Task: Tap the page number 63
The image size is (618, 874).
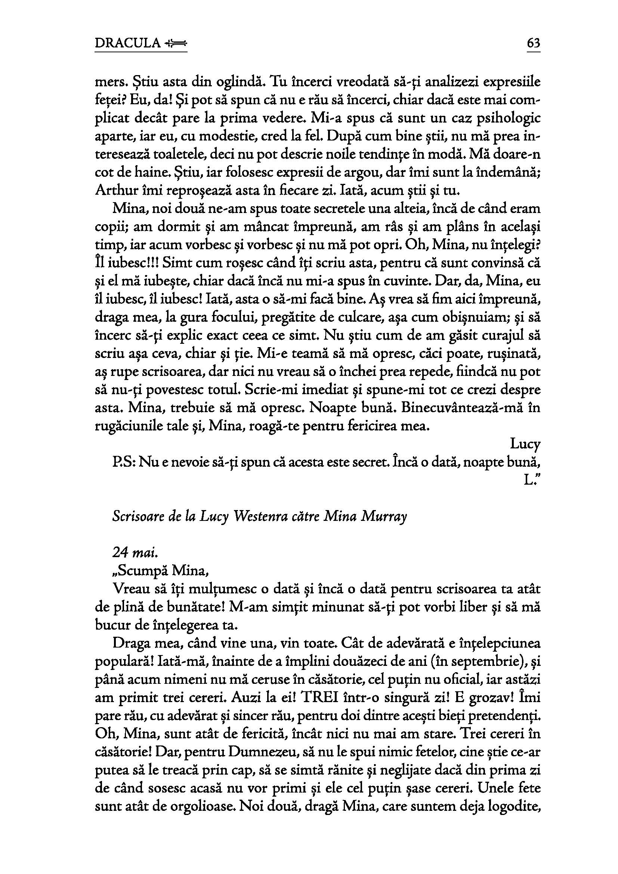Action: click(x=534, y=43)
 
